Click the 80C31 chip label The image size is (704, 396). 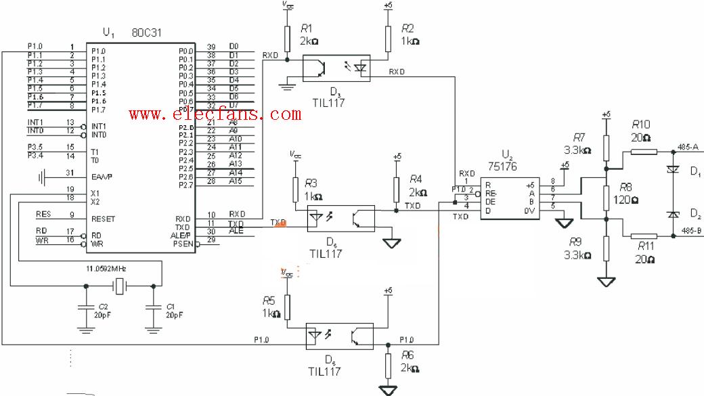pyautogui.click(x=146, y=33)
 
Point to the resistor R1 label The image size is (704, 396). pyautogui.click(x=306, y=28)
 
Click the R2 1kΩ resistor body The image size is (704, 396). pyautogui.click(x=388, y=38)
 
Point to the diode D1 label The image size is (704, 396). pyautogui.click(x=695, y=173)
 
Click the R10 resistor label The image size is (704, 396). pyautogui.click(x=640, y=125)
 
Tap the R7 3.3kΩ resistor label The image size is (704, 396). pyautogui.click(x=579, y=137)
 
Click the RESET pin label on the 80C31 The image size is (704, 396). pyautogui.click(x=103, y=219)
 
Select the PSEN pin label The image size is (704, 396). pyautogui.click(x=183, y=244)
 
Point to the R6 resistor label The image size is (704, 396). pyautogui.click(x=407, y=355)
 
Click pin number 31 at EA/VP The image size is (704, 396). pyautogui.click(x=70, y=173)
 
